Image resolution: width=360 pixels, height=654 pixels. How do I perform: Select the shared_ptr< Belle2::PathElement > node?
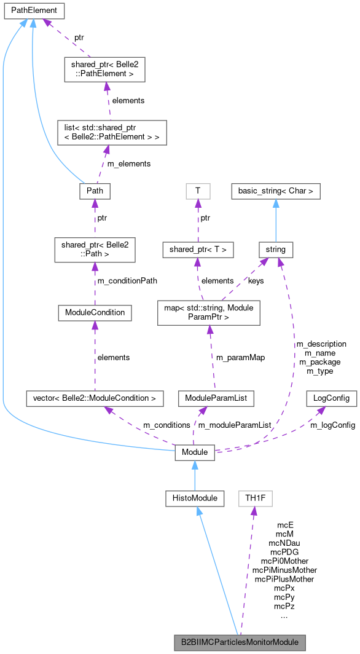coord(104,68)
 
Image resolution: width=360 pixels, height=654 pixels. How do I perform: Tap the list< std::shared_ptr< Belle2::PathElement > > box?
coord(108,132)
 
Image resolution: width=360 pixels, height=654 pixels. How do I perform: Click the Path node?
coord(95,191)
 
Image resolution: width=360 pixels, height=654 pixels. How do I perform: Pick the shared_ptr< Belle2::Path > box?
coord(95,249)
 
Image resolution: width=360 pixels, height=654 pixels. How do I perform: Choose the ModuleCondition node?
coord(95,312)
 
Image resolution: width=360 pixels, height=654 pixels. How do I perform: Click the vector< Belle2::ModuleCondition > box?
coord(95,398)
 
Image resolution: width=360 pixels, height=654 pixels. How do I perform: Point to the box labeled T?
coord(198,191)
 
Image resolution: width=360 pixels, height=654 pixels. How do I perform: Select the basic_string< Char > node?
coord(276,191)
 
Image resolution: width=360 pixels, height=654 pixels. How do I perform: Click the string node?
coord(276,249)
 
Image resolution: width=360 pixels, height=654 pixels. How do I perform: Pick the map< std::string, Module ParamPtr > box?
coord(209,312)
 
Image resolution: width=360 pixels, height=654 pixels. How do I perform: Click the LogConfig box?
coord(332,398)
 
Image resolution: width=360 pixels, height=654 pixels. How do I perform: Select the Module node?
coord(195,452)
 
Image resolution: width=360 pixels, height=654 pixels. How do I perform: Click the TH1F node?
coord(255,498)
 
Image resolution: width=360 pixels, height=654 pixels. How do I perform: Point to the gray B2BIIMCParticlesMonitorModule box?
coord(240,642)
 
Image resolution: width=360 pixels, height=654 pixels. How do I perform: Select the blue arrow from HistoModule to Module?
coord(195,475)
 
